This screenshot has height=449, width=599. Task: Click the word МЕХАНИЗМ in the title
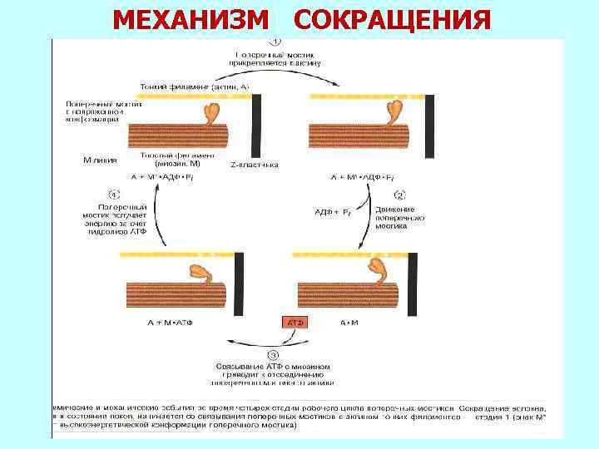192,17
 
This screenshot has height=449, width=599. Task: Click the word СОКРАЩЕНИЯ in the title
392,17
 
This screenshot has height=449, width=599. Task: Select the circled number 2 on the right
399,195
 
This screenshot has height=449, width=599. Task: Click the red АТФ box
297,321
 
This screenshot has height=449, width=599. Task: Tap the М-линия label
101,159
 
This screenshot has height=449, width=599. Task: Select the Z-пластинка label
249,165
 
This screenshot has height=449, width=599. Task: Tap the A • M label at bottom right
349,321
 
